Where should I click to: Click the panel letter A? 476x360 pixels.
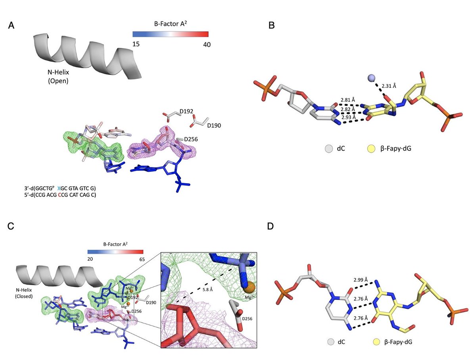[x=12, y=26]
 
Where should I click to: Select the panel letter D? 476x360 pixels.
[x=270, y=226]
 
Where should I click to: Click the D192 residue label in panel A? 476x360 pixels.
[x=186, y=112]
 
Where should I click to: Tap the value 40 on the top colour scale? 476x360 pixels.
[x=207, y=44]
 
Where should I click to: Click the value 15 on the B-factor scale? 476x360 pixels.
[x=136, y=44]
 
